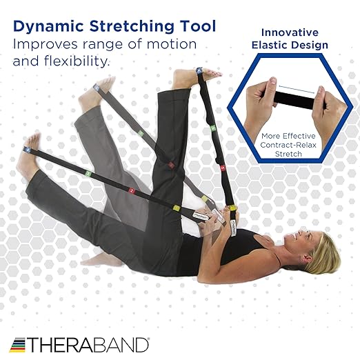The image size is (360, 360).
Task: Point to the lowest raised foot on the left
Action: click(28, 163)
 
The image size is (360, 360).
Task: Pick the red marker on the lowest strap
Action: click(131, 189)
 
